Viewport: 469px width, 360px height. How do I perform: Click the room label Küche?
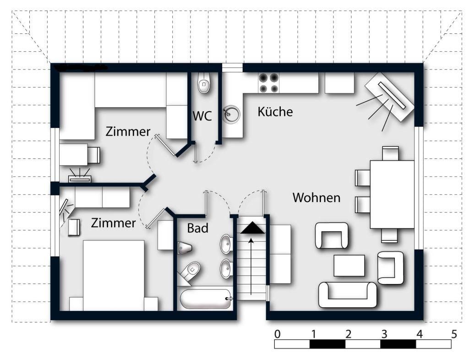click(x=275, y=111)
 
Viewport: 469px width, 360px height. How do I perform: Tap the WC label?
click(x=202, y=116)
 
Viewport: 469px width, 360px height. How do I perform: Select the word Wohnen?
click(x=316, y=198)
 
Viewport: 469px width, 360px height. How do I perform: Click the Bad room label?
click(x=198, y=228)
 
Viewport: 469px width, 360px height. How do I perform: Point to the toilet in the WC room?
click(x=204, y=82)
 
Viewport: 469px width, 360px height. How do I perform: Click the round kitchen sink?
click(x=231, y=115)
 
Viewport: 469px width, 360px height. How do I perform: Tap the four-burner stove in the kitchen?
click(x=269, y=83)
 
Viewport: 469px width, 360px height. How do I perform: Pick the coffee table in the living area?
click(x=349, y=266)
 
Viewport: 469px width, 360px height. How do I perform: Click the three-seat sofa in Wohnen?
click(x=348, y=295)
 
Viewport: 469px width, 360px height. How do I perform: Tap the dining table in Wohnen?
click(x=392, y=194)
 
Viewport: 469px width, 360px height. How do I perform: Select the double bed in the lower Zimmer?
click(x=114, y=275)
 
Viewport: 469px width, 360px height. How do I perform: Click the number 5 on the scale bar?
click(x=454, y=334)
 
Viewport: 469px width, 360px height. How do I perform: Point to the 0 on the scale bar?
click(x=277, y=334)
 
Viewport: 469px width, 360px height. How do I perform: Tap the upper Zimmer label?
click(x=128, y=131)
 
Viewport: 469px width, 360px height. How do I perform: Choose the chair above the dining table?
click(x=390, y=153)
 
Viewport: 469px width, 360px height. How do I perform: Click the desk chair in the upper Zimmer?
click(x=94, y=155)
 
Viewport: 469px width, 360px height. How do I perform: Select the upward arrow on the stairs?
click(x=251, y=266)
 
